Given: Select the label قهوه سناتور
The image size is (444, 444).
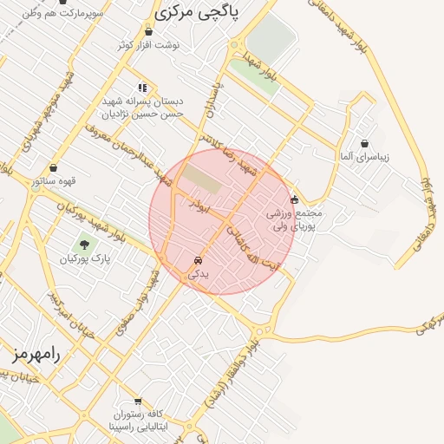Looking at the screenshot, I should pos(54,181).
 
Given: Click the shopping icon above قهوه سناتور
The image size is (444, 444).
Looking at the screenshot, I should pos(54,168).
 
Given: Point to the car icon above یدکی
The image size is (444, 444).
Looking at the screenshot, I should pos(199,260).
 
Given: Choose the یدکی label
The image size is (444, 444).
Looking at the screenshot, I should pos(199,273).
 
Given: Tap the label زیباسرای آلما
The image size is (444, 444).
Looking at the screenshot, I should pos(364,157).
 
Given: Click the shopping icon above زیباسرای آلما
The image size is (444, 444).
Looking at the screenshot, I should pos(364,143).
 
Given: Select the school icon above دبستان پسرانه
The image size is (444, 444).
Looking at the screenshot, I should pos(143,87).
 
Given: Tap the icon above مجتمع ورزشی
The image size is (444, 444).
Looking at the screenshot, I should pos(294,199).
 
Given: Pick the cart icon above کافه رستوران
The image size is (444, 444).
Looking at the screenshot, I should pos(127,402).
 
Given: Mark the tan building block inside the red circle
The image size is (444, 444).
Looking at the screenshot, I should pos(201,179).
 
